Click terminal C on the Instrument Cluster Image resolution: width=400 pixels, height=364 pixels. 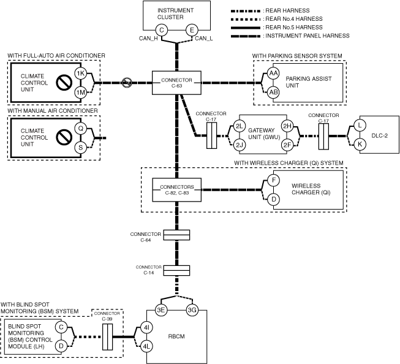coord(161,30)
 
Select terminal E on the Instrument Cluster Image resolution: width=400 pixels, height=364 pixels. coord(191,30)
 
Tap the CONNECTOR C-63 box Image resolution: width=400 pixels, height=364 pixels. coord(176,83)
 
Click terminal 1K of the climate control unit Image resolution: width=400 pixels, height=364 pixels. coord(80,74)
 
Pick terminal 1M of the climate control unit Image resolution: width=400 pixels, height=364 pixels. coord(80,92)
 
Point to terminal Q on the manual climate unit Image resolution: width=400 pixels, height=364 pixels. coord(80,129)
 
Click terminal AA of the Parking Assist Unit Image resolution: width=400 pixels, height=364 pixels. coord(273,74)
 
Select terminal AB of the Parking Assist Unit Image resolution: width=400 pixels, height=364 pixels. coord(273,92)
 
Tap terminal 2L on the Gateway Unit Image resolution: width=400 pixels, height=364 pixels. coord(240,127)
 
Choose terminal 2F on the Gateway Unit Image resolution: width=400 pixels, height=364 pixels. coord(286,145)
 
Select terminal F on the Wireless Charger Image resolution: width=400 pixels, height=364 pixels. coord(273,181)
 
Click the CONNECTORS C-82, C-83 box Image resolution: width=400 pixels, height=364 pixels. coord(176,190)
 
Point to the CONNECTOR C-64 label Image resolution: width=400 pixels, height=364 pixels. coord(142,237)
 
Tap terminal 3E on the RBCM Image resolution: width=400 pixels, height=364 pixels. coord(161,310)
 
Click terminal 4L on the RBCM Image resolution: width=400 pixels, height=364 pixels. coord(147,346)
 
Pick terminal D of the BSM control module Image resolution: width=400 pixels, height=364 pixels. coord(61,346)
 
